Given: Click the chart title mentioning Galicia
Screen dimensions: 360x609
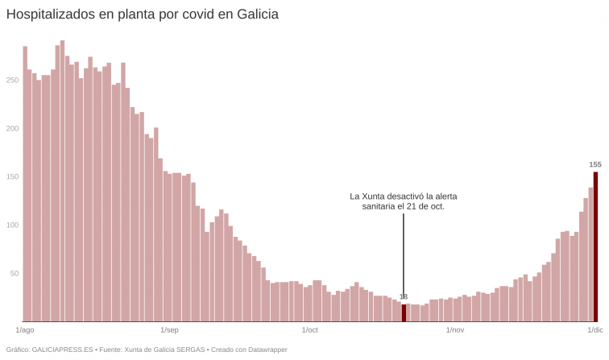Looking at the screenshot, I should coord(143,14).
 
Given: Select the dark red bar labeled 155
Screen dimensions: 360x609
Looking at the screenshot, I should coord(595,246).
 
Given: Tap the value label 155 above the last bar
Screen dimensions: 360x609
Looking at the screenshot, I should coord(595,164).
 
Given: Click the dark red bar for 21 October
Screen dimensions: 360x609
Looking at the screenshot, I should coord(404,313).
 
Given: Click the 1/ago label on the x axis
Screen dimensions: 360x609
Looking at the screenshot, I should coord(25,330).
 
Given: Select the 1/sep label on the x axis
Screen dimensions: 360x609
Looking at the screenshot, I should coord(169,330).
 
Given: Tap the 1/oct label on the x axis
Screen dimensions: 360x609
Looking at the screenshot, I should coord(309,330).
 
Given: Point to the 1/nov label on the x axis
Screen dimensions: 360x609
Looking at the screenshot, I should coord(454,330).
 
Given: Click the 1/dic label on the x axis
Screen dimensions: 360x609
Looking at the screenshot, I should coord(594,330).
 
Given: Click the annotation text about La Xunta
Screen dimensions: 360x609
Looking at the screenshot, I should coord(404,201).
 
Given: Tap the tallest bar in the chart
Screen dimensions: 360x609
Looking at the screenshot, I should coord(62,181).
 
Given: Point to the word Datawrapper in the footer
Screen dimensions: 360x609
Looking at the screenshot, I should coord(265,350).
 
